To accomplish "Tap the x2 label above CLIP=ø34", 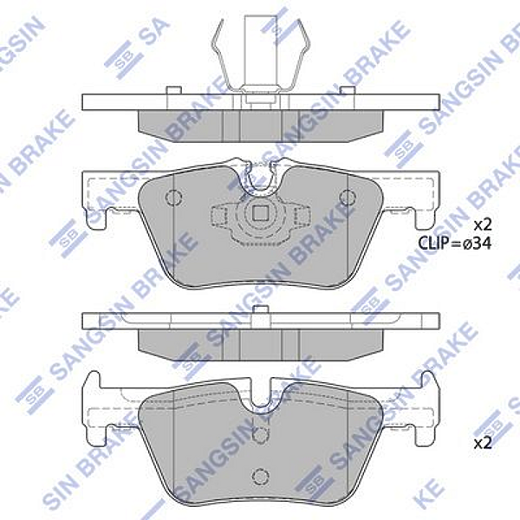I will tap(482, 224).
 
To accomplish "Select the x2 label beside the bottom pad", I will tap(482, 443).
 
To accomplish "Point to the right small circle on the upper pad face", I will tap(352, 196).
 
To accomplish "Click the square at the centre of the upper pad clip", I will tap(260, 214).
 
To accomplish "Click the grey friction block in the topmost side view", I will tap(260, 123).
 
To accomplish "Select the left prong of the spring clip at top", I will tap(218, 56).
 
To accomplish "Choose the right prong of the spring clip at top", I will tap(303, 56).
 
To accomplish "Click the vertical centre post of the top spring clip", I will tap(260, 48).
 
